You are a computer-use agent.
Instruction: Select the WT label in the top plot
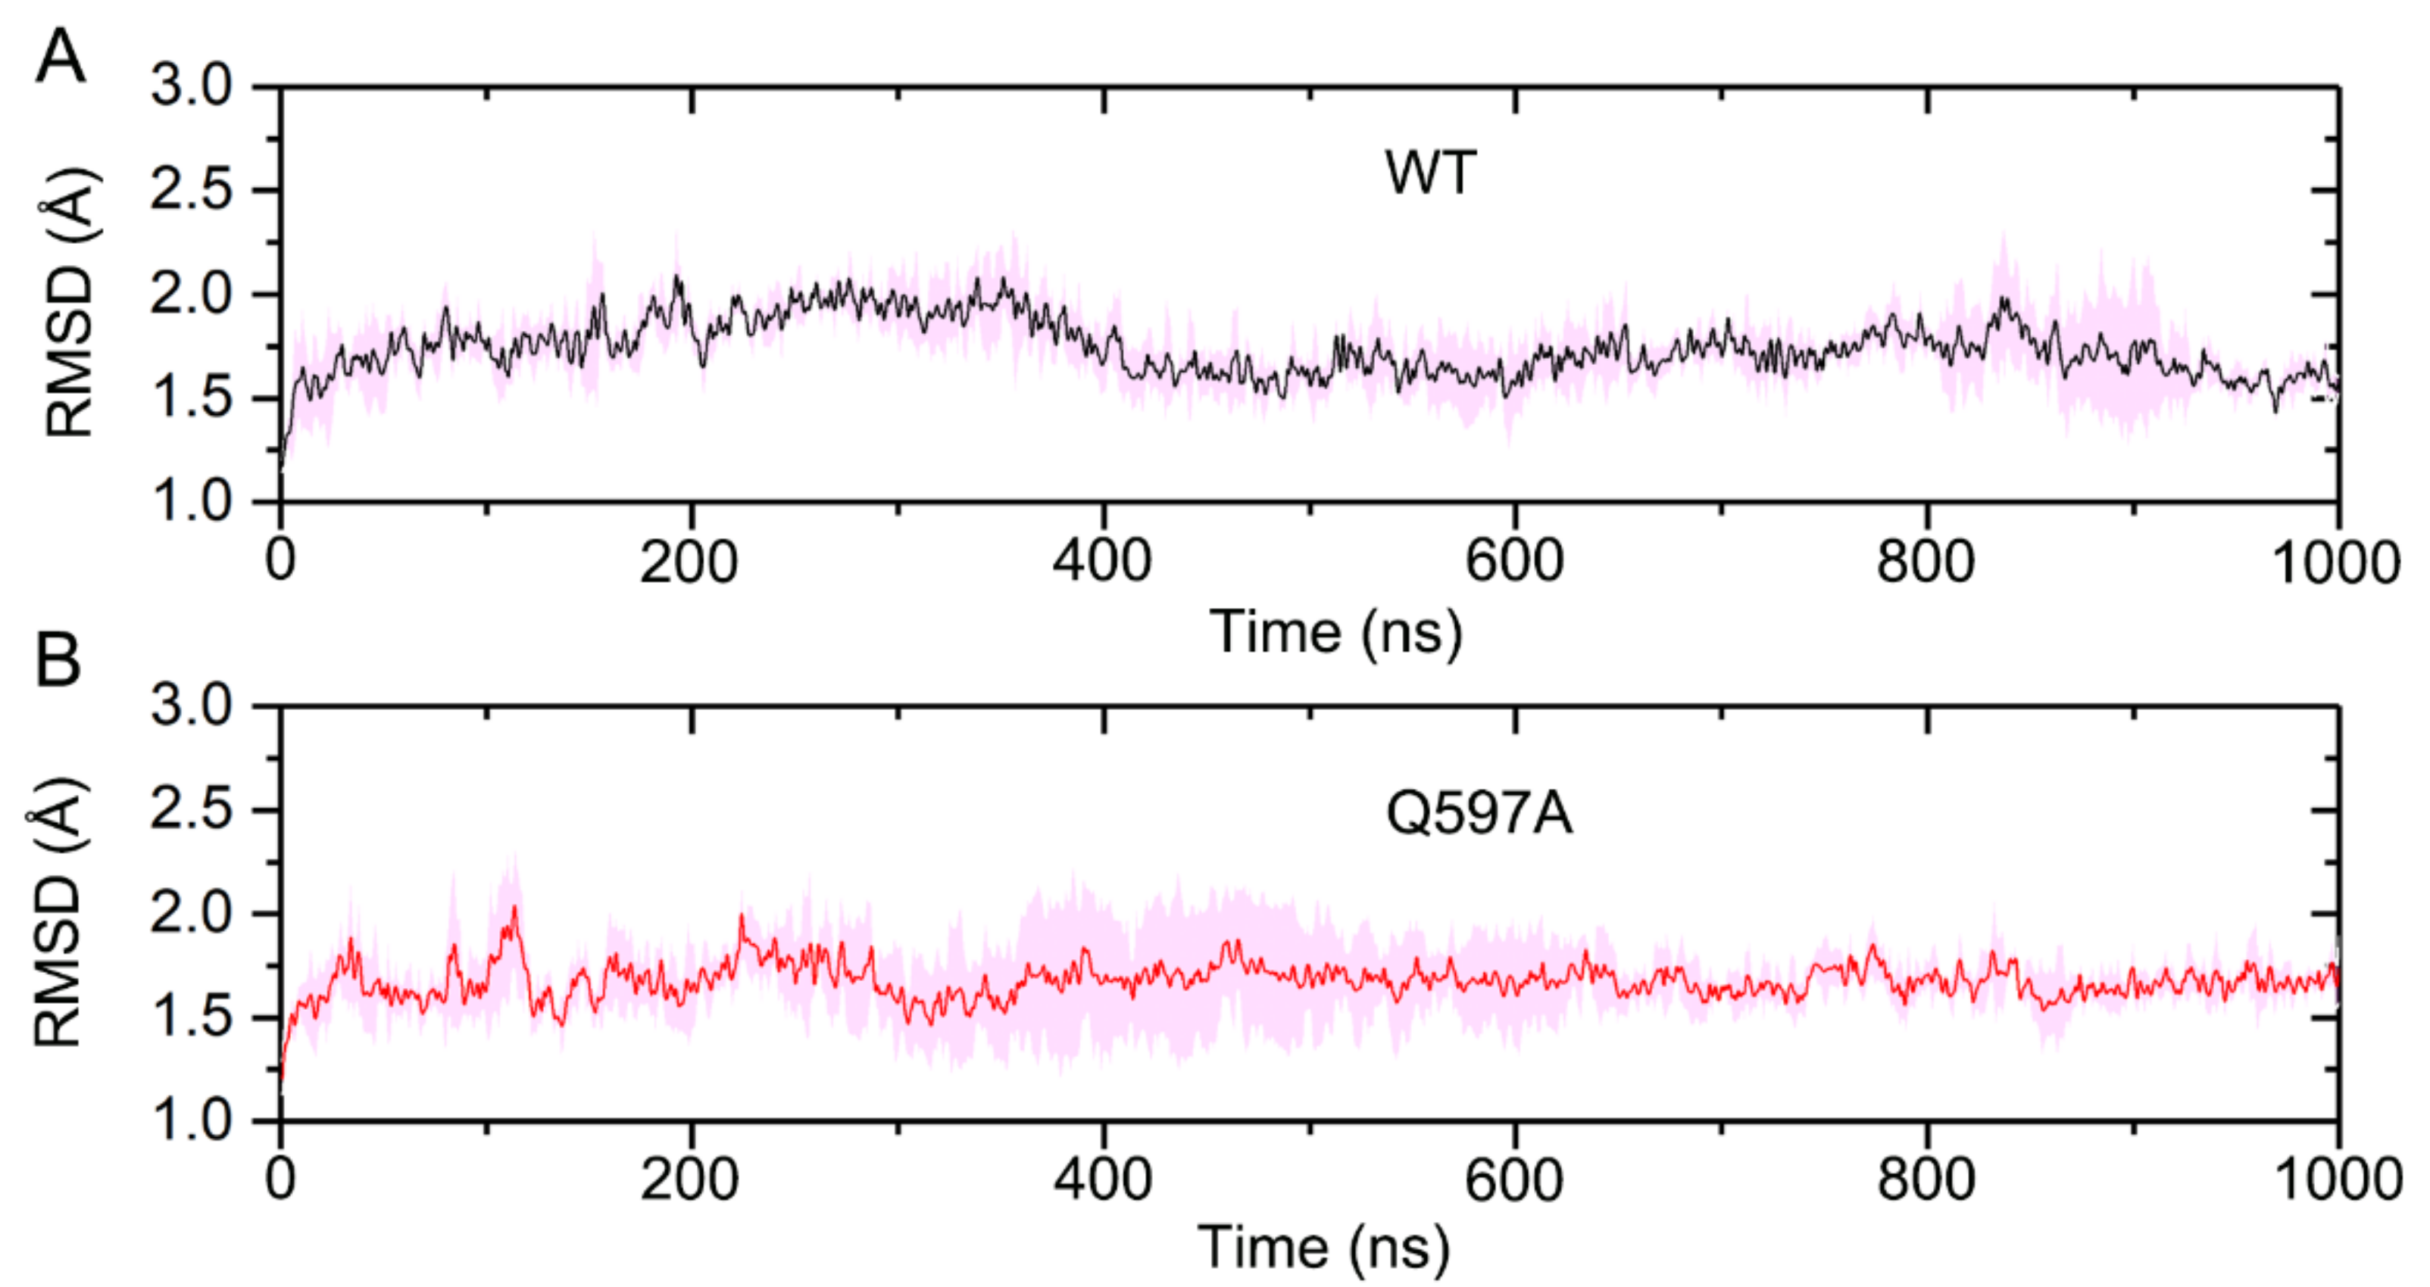(x=1429, y=173)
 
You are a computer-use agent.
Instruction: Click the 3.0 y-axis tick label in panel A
(x=192, y=87)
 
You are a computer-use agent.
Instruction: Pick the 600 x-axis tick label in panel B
(x=1513, y=1179)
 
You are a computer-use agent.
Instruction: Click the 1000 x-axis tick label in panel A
(x=2334, y=563)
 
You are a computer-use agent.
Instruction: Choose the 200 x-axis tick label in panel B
(x=689, y=1179)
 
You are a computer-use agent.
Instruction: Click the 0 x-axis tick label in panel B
(x=280, y=1179)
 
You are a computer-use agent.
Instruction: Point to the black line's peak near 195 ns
(x=676, y=277)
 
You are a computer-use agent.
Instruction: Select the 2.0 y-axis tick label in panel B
(x=192, y=914)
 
